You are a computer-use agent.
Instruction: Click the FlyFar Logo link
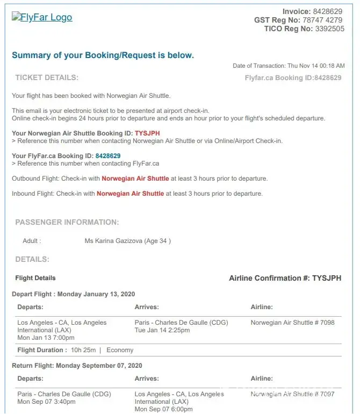click(42, 17)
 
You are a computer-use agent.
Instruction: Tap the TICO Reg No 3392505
click(330, 29)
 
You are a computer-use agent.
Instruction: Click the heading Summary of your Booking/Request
click(103, 55)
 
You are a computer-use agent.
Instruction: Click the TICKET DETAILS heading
click(47, 77)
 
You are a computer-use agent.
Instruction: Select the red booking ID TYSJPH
click(147, 133)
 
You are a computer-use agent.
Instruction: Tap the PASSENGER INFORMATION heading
click(67, 222)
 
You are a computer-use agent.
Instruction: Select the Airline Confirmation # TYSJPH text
click(285, 278)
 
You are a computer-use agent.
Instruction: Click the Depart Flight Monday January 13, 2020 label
click(73, 294)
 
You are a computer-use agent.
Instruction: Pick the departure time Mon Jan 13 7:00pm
click(46, 338)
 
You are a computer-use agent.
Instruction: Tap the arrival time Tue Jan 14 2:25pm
click(162, 330)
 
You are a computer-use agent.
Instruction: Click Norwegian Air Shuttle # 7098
click(292, 323)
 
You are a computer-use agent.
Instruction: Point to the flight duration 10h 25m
click(83, 350)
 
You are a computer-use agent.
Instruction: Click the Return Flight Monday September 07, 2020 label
click(77, 365)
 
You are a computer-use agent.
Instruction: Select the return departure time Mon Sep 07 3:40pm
click(46, 402)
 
